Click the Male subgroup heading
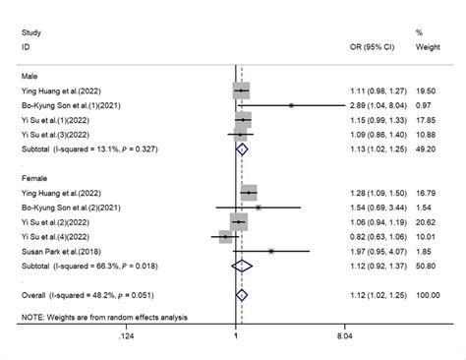coord(30,74)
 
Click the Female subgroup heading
coord(34,178)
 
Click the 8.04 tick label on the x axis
coord(345,336)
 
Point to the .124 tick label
coord(127,336)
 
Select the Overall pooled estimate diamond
coord(242,293)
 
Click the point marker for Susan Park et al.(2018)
coord(271,251)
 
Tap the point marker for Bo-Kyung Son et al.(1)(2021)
coord(291,103)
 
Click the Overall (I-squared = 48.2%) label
coord(87,293)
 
